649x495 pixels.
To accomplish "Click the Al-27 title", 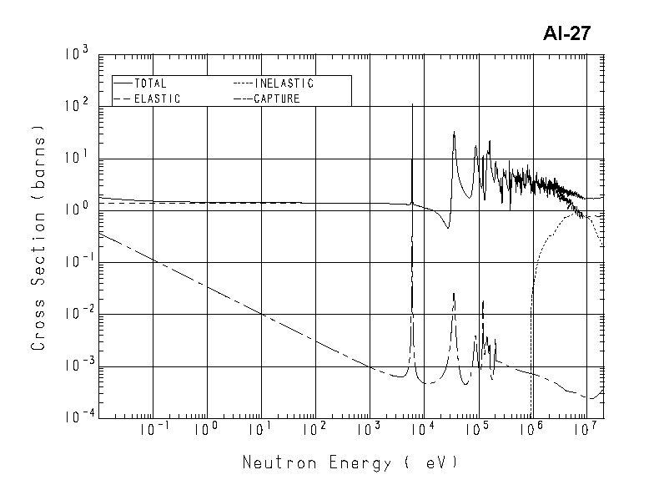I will (x=567, y=33).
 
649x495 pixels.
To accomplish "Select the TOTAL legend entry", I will (x=150, y=83).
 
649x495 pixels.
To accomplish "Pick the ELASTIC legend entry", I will (x=157, y=98).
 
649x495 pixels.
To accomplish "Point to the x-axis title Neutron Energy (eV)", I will (x=350, y=462).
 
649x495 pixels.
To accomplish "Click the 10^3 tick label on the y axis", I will (x=76, y=56).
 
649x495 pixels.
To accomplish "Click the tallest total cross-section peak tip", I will (x=413, y=104).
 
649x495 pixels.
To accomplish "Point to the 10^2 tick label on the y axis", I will (x=76, y=108).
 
